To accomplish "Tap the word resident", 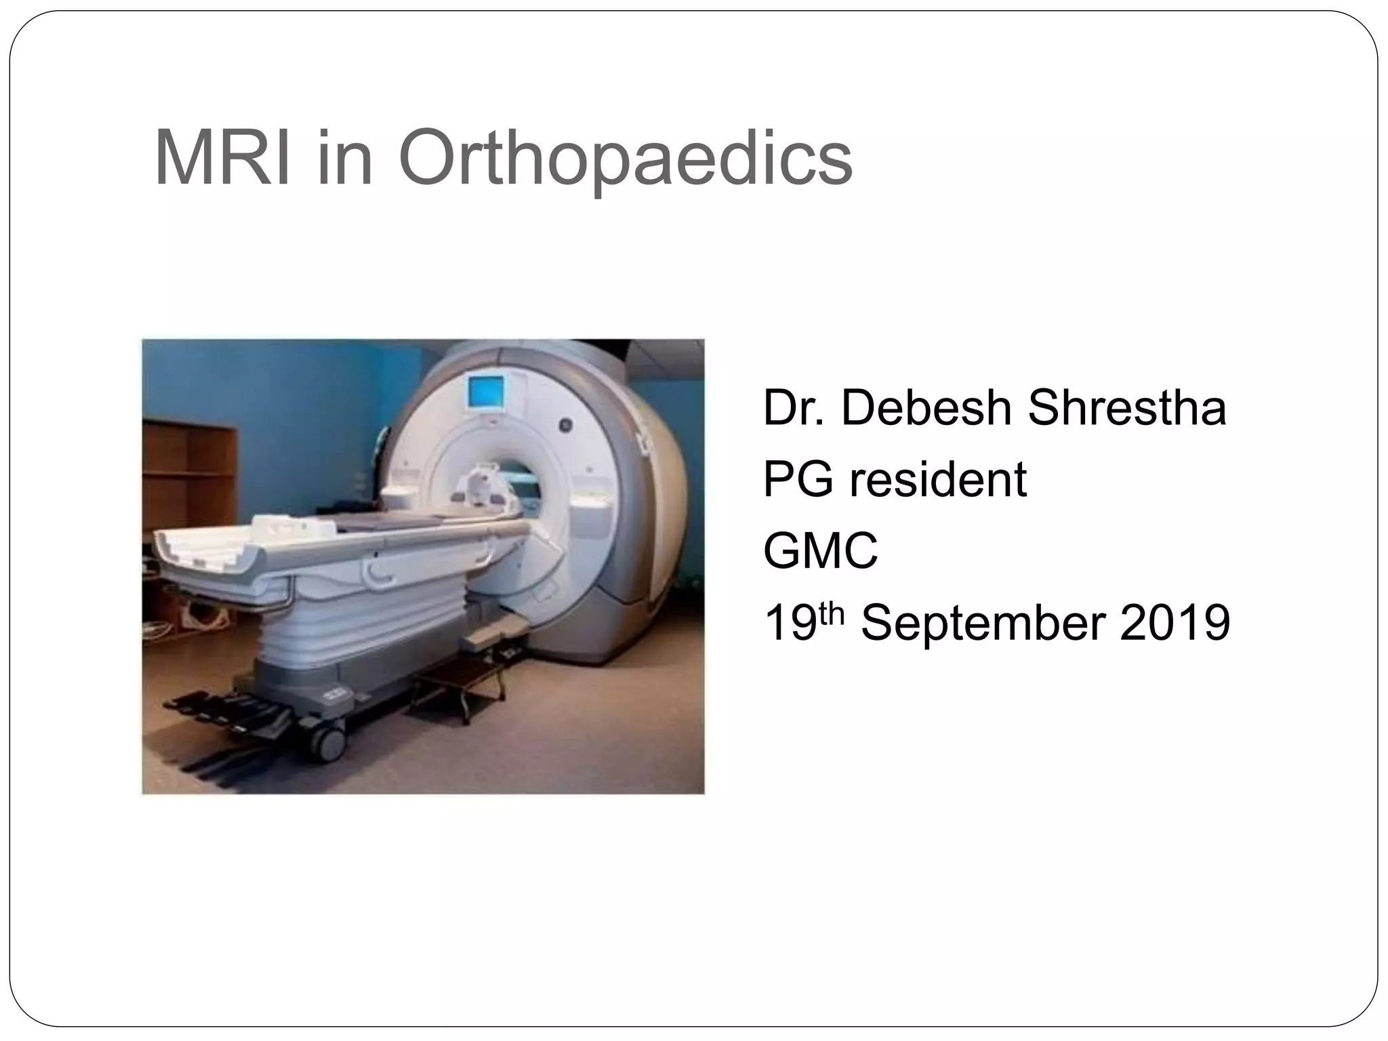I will pyautogui.click(x=938, y=480).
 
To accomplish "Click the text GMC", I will pyautogui.click(x=820, y=552).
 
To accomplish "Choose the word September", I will pyautogui.click(x=983, y=624).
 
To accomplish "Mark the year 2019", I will pyautogui.click(x=1175, y=624).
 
